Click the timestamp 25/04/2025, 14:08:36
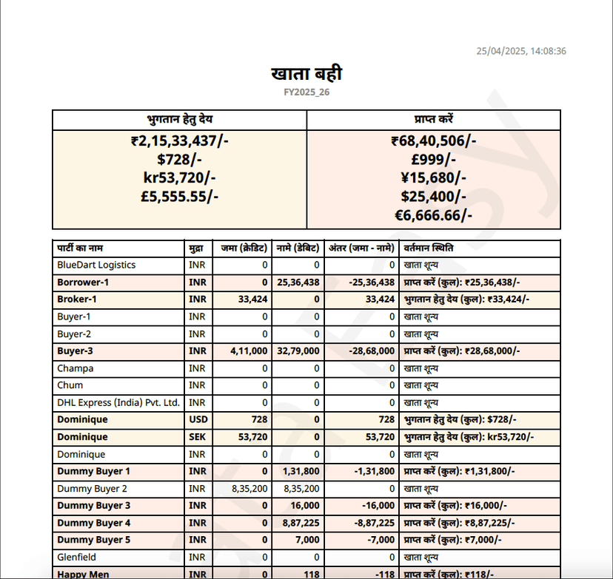[x=521, y=51]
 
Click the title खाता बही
[x=306, y=74]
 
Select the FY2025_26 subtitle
[x=306, y=92]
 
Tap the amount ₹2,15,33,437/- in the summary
[x=180, y=140]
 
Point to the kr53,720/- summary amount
[x=180, y=177]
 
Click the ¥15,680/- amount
[x=434, y=177]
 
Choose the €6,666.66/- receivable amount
[x=434, y=214]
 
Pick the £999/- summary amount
[x=434, y=159]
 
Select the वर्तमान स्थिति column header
[x=429, y=248]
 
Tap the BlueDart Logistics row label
[x=96, y=265]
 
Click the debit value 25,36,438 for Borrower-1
[x=298, y=282]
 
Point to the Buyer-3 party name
[x=75, y=351]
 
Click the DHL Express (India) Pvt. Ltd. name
[x=118, y=402]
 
